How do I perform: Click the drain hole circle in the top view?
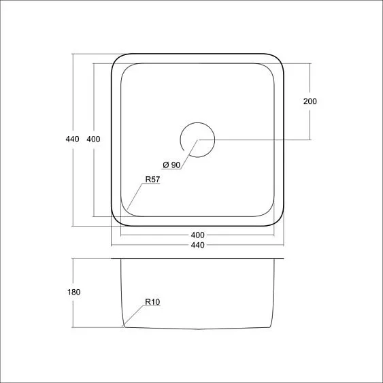tap(197, 139)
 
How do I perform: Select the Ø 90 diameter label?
tap(171, 165)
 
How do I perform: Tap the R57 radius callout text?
tap(152, 180)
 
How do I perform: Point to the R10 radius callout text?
tap(152, 302)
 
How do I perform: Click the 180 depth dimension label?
tap(74, 293)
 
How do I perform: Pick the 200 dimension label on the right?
tap(310, 101)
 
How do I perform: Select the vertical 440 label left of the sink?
tap(72, 139)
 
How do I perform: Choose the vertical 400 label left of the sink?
tap(94, 139)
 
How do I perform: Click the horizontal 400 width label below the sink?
tap(197, 235)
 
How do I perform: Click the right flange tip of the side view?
tap(282, 259)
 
